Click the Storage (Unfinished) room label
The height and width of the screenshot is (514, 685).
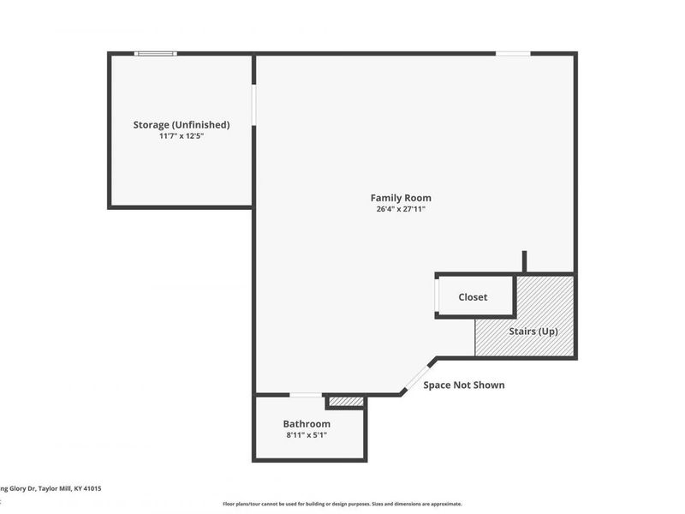(181, 125)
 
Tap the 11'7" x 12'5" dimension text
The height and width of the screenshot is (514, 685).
(181, 135)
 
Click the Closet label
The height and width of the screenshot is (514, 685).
(473, 297)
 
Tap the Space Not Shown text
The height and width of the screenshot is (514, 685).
(464, 385)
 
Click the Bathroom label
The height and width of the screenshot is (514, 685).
(307, 424)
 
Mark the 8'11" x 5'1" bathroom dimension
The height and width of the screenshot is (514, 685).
(307, 435)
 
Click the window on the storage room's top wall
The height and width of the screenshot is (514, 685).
(156, 54)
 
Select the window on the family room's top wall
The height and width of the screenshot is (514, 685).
(513, 54)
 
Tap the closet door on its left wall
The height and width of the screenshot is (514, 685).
(437, 296)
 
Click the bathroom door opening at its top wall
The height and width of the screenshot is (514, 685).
(306, 395)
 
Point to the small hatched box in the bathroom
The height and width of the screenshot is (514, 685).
(346, 401)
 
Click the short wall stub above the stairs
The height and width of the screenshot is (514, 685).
(524, 261)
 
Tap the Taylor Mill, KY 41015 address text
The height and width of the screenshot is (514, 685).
(51, 488)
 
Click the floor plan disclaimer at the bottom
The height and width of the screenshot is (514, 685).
(342, 504)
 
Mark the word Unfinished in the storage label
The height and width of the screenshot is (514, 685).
(200, 125)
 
